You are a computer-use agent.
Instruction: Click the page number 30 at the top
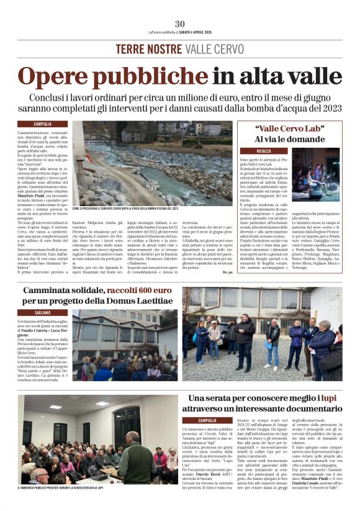(179, 24)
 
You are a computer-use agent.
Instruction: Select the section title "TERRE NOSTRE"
(141, 50)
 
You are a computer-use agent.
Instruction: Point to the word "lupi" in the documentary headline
(327, 397)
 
